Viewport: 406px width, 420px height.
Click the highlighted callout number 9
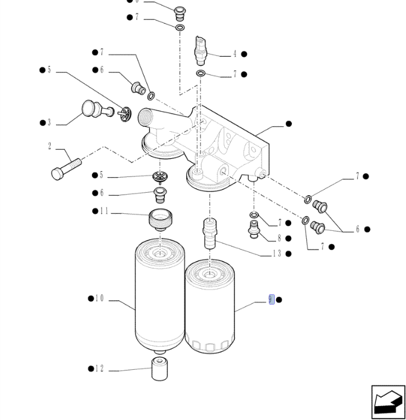click(271, 300)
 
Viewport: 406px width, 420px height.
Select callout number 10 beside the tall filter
click(99, 299)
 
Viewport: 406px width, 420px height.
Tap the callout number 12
click(99, 369)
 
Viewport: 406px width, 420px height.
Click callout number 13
click(277, 253)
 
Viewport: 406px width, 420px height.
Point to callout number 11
click(104, 211)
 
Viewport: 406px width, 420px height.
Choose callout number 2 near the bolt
click(50, 146)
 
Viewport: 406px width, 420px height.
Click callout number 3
click(49, 123)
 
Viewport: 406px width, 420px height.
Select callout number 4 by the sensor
click(235, 54)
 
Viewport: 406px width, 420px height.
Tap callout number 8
click(279, 238)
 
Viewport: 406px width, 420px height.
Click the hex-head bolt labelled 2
click(66, 169)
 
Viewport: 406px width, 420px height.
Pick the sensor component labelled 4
click(201, 51)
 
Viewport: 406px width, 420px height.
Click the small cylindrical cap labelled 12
click(159, 369)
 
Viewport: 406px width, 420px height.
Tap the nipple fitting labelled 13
click(210, 234)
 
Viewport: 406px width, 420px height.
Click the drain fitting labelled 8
click(254, 230)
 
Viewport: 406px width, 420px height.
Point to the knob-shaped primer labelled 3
click(97, 109)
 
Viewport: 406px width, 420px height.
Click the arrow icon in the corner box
click(388, 402)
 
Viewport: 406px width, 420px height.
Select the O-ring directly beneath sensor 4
click(201, 73)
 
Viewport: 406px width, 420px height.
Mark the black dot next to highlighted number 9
click(279, 300)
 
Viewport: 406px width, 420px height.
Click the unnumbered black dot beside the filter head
click(289, 124)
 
